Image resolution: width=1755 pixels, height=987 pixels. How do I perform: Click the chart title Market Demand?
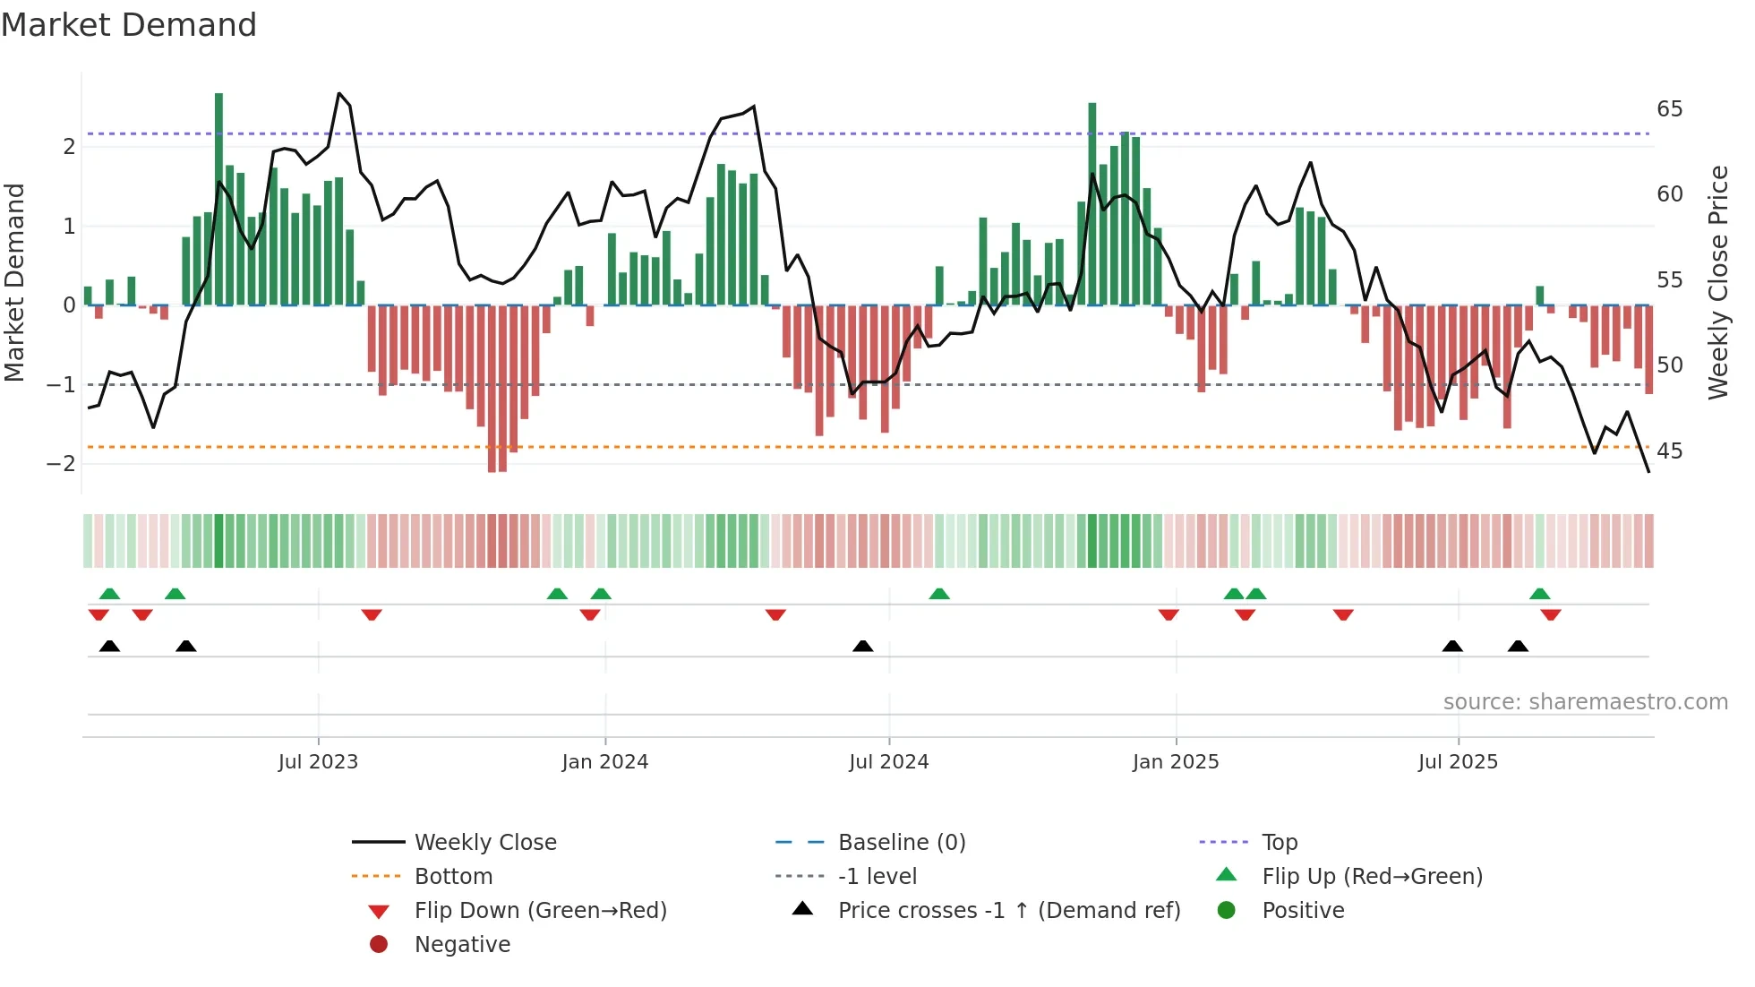click(129, 25)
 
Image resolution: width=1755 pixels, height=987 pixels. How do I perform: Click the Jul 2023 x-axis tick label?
click(318, 762)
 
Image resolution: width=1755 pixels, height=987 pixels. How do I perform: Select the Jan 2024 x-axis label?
click(604, 762)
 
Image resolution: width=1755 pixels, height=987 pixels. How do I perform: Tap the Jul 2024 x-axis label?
click(888, 762)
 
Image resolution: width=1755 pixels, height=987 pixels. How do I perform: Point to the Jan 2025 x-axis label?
click(1175, 762)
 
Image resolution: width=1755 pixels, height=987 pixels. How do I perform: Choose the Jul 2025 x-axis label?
click(1458, 762)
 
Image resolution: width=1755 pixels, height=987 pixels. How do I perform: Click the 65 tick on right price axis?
click(1669, 109)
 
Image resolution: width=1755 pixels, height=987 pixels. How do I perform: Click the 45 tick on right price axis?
click(1669, 451)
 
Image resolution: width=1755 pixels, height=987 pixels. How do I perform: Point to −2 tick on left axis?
click(61, 464)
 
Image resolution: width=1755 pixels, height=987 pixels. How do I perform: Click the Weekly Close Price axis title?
click(1717, 282)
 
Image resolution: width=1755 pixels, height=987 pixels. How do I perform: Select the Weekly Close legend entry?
click(484, 843)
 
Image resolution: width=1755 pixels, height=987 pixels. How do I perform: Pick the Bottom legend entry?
click(453, 877)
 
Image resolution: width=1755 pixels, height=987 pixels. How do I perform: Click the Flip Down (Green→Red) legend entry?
click(540, 911)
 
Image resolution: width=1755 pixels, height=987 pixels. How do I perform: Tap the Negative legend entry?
click(462, 945)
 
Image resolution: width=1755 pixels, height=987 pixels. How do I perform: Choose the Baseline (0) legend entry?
click(901, 843)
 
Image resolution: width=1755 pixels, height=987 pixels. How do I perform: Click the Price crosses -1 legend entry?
click(1008, 911)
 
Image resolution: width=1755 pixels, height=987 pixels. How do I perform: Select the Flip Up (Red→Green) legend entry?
click(1372, 877)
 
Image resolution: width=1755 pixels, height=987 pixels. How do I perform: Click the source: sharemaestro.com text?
click(1585, 702)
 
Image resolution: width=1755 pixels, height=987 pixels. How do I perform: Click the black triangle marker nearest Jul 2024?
click(862, 647)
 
